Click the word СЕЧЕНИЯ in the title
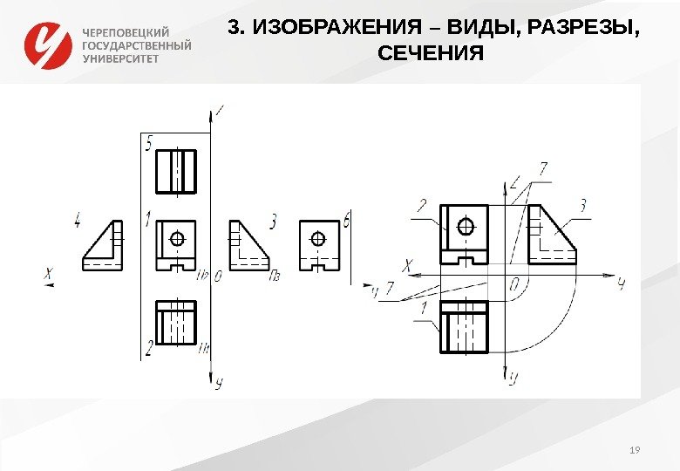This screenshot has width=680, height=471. click(431, 55)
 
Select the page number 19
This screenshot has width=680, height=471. click(634, 449)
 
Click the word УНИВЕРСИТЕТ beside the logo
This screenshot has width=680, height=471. click(121, 58)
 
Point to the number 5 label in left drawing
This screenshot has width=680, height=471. click(150, 142)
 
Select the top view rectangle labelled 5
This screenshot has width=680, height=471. click(176, 171)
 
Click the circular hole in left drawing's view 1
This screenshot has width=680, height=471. click(178, 238)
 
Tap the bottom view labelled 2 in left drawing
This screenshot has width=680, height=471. click(176, 324)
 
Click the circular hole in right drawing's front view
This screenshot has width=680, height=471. click(466, 227)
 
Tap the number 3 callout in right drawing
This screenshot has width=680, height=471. click(583, 205)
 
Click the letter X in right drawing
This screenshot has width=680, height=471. click(407, 265)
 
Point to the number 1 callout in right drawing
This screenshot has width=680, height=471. click(423, 308)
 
